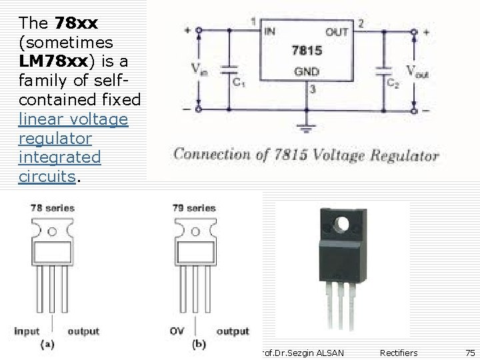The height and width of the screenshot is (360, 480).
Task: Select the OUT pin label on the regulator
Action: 336,31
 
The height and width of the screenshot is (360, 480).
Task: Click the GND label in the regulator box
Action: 306,72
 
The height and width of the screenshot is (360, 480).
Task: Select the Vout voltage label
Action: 417,71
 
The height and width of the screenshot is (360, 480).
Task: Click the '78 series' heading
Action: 53,208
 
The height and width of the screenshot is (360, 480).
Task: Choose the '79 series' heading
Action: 193,208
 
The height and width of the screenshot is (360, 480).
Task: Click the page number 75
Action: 470,353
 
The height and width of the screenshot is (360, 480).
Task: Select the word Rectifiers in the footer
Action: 399,353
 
